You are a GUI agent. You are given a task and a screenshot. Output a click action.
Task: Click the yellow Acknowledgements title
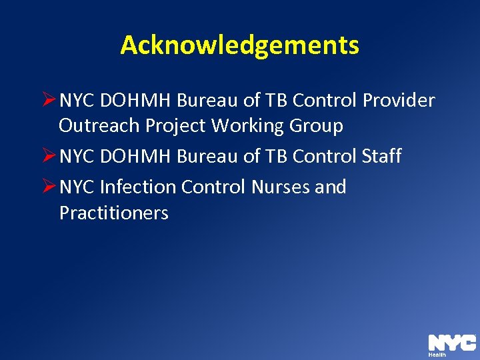(239, 45)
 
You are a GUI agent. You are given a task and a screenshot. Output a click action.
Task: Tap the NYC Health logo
(451, 345)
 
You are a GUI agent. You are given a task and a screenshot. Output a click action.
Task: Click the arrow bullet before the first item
(49, 101)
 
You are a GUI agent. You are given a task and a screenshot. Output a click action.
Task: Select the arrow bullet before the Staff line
(49, 157)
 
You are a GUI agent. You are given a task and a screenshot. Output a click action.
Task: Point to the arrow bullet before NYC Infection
(49, 187)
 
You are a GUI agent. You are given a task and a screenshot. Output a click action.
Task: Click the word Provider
(399, 101)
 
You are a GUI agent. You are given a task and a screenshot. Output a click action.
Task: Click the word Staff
(382, 157)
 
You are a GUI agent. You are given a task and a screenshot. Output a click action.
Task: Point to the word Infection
(138, 187)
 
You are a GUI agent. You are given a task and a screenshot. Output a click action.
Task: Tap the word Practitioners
(113, 213)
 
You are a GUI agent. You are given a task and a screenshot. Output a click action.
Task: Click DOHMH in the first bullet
(137, 101)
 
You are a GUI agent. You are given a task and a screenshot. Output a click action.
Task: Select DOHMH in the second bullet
(137, 157)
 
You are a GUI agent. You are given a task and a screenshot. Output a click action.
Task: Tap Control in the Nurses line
(214, 187)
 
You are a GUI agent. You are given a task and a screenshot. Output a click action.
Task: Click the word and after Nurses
(331, 187)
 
